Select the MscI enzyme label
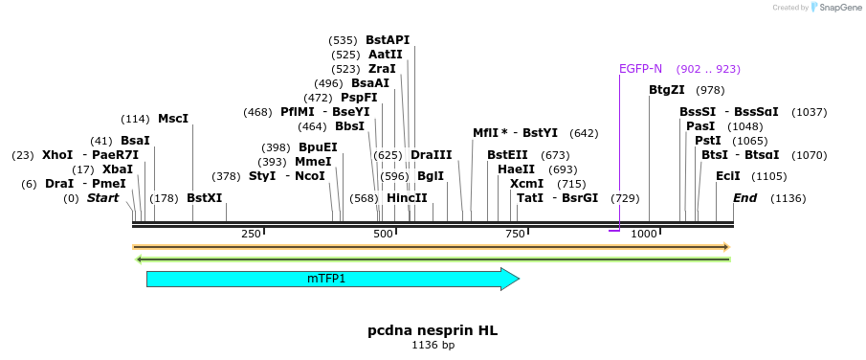click(x=173, y=119)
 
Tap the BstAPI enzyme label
click(x=388, y=40)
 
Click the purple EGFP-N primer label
click(x=640, y=69)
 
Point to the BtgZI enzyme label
click(x=667, y=90)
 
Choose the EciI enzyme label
click(x=728, y=176)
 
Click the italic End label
click(x=745, y=198)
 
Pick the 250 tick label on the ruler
click(x=251, y=234)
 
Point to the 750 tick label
click(x=515, y=234)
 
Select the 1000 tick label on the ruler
click(x=644, y=234)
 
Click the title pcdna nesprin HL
click(x=433, y=330)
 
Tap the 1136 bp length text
click(x=433, y=345)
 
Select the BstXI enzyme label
click(x=204, y=198)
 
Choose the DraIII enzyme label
click(x=431, y=155)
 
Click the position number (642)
click(x=583, y=133)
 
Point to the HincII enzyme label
click(x=407, y=198)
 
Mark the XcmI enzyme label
click(x=526, y=184)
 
